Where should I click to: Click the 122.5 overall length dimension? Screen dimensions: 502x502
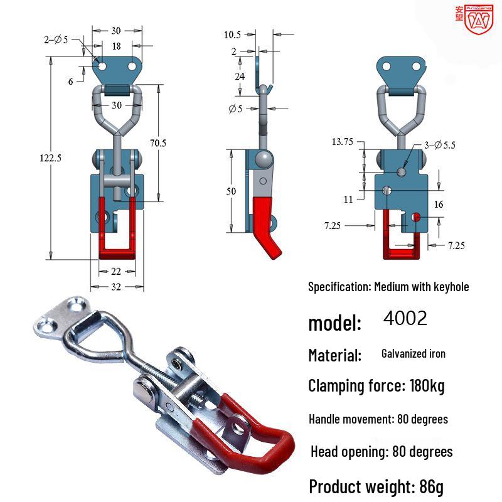[x=50, y=158]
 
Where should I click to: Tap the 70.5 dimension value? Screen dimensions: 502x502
[x=158, y=143]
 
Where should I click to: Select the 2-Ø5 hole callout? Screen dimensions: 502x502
[x=56, y=40]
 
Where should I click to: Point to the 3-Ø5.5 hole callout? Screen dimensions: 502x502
[x=440, y=145]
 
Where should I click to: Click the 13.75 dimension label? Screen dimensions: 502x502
[x=342, y=142]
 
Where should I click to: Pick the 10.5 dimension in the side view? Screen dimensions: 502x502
[x=232, y=35]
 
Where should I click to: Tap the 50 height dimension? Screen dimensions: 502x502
[x=231, y=191]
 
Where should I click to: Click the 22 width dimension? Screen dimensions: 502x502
[x=116, y=272]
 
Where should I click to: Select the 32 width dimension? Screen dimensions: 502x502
[x=116, y=287]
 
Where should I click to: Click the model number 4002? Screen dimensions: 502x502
[x=405, y=318]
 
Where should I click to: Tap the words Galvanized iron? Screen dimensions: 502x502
[x=414, y=353]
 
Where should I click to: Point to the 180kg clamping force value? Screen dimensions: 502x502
[x=427, y=386]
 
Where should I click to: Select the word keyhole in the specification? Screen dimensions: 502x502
[x=451, y=287]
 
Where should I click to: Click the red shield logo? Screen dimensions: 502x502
[x=479, y=20]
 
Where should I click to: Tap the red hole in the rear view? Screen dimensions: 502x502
[x=416, y=217]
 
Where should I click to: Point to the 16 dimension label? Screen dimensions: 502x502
[x=439, y=205]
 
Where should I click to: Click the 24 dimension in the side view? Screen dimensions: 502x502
[x=240, y=76]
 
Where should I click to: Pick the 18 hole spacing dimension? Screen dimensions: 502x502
[x=117, y=46]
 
